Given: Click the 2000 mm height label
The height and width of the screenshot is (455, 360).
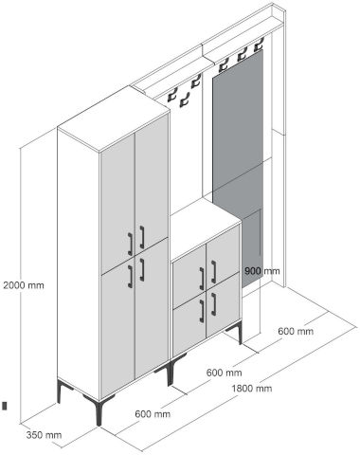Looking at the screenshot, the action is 24,285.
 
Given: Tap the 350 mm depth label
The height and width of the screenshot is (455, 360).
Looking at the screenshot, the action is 44,435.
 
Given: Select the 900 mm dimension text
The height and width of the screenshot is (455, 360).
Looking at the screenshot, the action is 262,271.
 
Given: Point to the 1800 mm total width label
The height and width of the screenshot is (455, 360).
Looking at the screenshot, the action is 252,388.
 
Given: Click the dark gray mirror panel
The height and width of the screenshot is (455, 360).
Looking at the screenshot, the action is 238,164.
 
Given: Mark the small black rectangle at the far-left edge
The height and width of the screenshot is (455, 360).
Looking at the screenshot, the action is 5,406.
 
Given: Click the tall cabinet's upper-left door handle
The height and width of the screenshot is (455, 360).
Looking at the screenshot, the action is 130,244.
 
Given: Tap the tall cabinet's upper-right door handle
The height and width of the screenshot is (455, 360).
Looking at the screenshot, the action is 142,237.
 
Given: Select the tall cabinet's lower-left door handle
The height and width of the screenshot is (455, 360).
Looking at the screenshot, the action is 130,277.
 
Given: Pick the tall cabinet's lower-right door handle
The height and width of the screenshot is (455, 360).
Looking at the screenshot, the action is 142,269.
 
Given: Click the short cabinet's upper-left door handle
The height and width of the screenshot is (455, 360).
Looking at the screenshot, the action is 202,279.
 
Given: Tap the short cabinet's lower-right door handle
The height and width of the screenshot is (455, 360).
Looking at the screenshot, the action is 214,304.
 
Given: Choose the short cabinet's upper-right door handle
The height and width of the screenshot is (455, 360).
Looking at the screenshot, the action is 214,272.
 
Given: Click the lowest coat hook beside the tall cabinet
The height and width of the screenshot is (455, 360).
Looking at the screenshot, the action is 184,100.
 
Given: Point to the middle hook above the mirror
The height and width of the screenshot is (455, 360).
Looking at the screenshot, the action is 242,54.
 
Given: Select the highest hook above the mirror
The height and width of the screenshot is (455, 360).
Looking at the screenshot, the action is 259,45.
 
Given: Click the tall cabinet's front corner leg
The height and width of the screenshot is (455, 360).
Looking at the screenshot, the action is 99,413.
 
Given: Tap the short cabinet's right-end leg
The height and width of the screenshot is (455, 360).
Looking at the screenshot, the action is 240,333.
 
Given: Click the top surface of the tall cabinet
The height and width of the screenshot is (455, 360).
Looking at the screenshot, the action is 114,118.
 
